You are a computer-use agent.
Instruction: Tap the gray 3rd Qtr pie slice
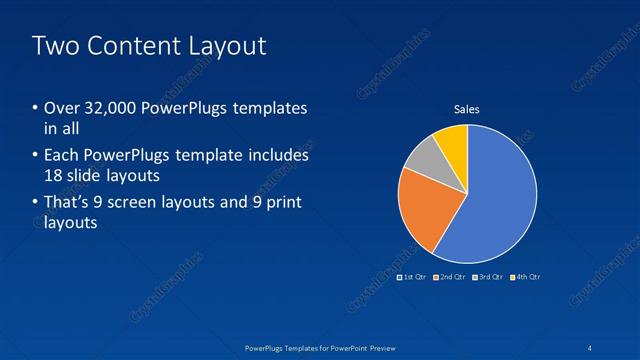click(423, 156)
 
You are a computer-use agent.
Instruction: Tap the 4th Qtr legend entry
click(526, 276)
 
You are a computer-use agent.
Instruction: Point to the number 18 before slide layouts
click(55, 176)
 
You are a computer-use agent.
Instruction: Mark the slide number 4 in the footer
click(596, 347)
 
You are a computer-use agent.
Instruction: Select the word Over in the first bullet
click(62, 109)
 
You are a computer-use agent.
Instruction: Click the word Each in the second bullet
click(62, 156)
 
